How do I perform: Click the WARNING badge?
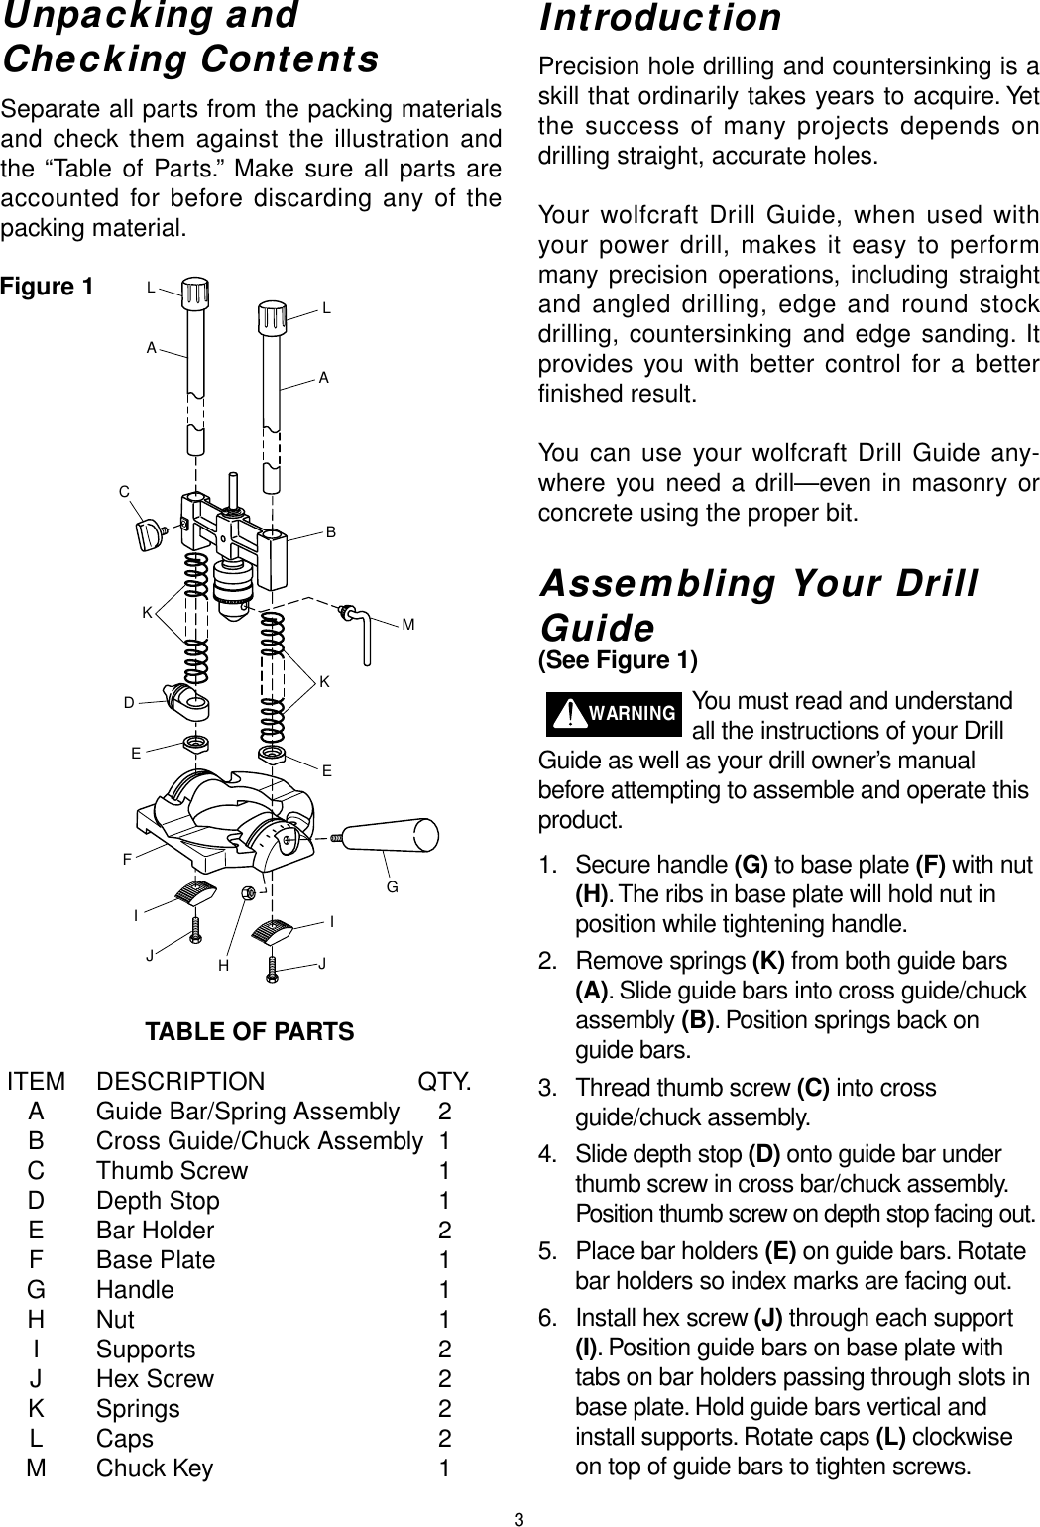614,714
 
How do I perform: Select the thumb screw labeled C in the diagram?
151,536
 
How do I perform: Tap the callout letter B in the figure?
332,532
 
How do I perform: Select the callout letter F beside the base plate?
128,857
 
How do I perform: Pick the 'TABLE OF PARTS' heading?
250,1032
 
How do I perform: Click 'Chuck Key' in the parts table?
155,1468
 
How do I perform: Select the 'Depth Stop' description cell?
158,1201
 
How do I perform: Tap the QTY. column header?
445,1081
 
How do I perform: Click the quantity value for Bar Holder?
445,1231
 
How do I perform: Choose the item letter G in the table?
36,1290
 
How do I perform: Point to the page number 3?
519,1519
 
